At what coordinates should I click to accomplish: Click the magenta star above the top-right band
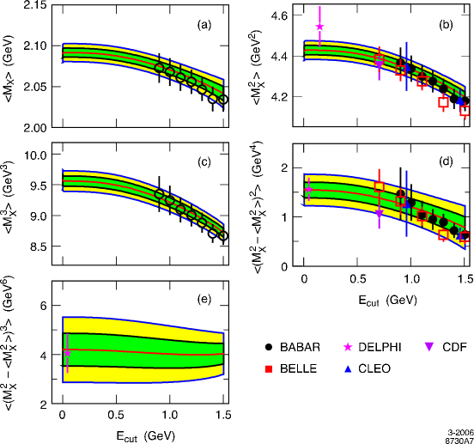[319, 27]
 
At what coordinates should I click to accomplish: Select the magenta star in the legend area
[348, 347]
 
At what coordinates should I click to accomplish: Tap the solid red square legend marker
[268, 368]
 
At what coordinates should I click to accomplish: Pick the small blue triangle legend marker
[348, 368]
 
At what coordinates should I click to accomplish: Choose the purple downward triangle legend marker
[429, 347]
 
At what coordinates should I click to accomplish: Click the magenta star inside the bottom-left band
[67, 352]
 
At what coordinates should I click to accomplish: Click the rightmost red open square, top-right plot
[465, 111]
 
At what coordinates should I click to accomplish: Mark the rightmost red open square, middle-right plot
[465, 236]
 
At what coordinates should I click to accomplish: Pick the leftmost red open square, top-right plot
[379, 58]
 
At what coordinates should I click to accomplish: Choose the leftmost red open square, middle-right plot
[379, 186]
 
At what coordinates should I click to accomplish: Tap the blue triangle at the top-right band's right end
[460, 101]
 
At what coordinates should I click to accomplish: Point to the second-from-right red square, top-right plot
[443, 102]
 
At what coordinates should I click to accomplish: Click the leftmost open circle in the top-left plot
[159, 67]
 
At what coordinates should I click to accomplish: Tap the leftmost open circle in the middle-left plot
[159, 194]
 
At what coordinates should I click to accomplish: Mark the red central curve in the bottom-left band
[146, 352]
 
